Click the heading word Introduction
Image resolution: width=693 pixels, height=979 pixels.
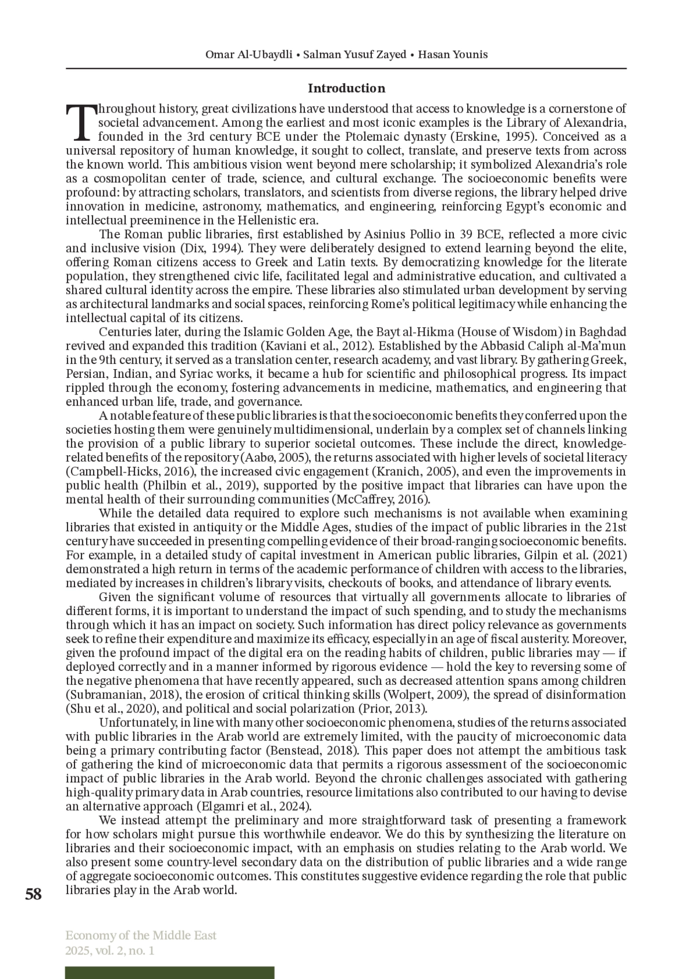pos(346,88)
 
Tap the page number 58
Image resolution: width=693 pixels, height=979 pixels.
pos(33,895)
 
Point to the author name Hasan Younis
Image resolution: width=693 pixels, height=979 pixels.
pos(453,55)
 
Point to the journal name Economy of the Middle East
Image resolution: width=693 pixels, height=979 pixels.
pos(141,935)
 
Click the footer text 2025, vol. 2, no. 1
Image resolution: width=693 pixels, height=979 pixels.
pos(110,950)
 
